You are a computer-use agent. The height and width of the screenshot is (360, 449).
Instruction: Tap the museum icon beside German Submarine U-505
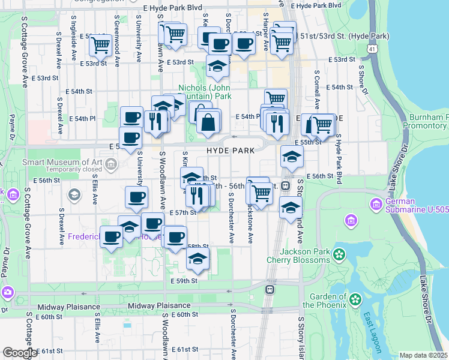click(351, 223)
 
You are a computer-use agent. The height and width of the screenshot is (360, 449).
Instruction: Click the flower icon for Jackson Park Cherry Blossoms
click(340, 254)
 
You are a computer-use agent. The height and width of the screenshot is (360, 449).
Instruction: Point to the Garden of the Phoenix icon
click(355, 298)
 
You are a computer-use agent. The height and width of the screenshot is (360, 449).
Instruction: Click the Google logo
click(20, 353)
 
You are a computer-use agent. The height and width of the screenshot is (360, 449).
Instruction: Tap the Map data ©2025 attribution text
click(423, 355)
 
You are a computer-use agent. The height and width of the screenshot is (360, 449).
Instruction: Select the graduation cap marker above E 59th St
click(197, 259)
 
